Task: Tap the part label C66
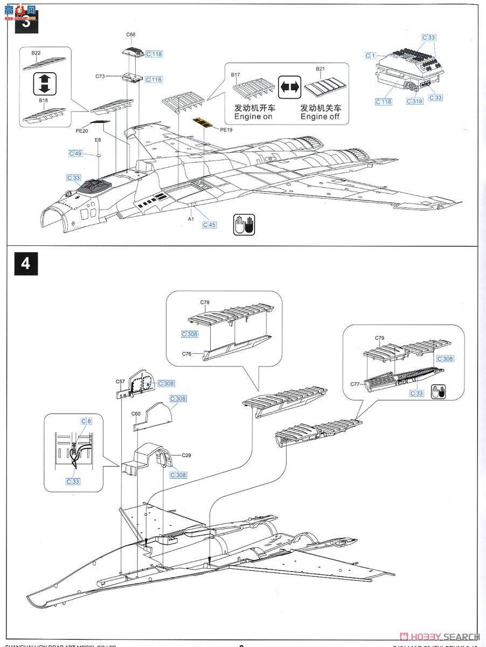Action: [131, 35]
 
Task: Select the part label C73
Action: [100, 77]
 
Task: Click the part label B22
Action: [36, 53]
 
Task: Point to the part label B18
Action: [43, 100]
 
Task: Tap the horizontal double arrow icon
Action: [289, 87]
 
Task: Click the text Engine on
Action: [253, 116]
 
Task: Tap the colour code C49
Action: [75, 154]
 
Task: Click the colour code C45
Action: [209, 224]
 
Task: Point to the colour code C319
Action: [414, 101]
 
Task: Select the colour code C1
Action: [370, 56]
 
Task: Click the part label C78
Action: [205, 302]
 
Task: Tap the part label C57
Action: [120, 381]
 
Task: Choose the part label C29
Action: [186, 455]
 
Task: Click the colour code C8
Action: [86, 421]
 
